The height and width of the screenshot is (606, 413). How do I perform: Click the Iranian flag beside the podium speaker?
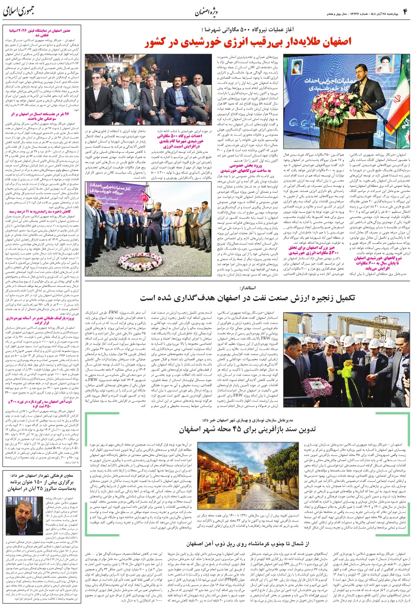398,95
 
